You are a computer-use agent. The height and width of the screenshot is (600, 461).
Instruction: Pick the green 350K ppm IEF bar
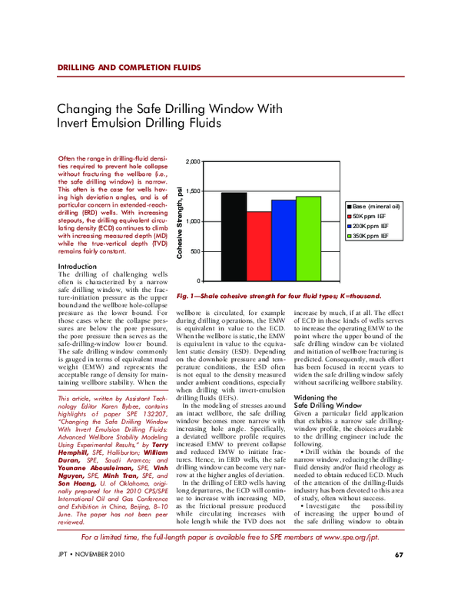308,239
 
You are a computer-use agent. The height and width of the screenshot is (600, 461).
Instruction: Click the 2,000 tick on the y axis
193,162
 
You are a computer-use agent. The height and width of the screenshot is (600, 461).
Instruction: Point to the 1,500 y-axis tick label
193,191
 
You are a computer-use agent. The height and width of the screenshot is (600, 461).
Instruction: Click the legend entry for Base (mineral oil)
376,207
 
